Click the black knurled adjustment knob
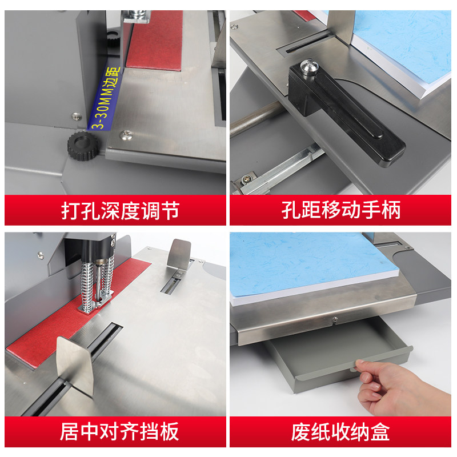tap(83, 146)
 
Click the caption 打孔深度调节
tap(120, 210)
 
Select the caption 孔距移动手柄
tap(340, 210)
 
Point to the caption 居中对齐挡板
tap(119, 432)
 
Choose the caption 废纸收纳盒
tap(340, 432)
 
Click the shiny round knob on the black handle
tap(309, 67)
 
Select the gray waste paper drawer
tap(338, 352)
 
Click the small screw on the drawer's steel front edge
tap(335, 319)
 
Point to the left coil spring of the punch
tap(87, 285)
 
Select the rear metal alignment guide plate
tap(179, 254)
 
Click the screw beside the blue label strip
tap(77, 117)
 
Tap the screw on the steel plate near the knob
tap(126, 135)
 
